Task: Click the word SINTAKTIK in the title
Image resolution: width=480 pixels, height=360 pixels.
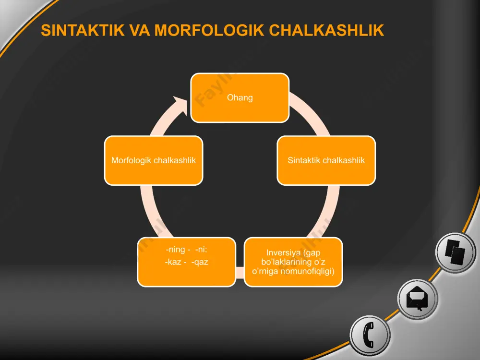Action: click(83, 30)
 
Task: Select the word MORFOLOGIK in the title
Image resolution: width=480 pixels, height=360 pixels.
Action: click(209, 30)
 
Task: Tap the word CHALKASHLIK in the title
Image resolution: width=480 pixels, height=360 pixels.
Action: click(326, 30)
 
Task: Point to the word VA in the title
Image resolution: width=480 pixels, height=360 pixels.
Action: click(140, 30)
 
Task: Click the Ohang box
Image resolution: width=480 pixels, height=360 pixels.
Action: click(240, 97)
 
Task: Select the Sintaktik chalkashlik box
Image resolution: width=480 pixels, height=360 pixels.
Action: click(326, 160)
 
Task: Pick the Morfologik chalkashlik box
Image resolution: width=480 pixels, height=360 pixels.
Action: click(154, 160)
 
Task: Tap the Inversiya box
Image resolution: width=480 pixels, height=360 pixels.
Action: click(293, 262)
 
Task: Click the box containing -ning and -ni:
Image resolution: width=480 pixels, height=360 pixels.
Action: click(186, 262)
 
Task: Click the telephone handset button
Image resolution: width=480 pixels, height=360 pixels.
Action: click(370, 335)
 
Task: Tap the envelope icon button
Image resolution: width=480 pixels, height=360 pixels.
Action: click(418, 299)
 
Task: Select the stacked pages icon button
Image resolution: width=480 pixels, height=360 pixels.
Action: click(456, 252)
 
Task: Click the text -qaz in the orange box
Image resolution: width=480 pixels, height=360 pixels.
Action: click(200, 262)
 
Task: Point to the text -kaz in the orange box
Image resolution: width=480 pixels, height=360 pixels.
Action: click(173, 262)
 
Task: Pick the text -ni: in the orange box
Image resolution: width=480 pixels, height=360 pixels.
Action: click(201, 250)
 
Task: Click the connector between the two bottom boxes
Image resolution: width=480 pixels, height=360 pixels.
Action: click(240, 273)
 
